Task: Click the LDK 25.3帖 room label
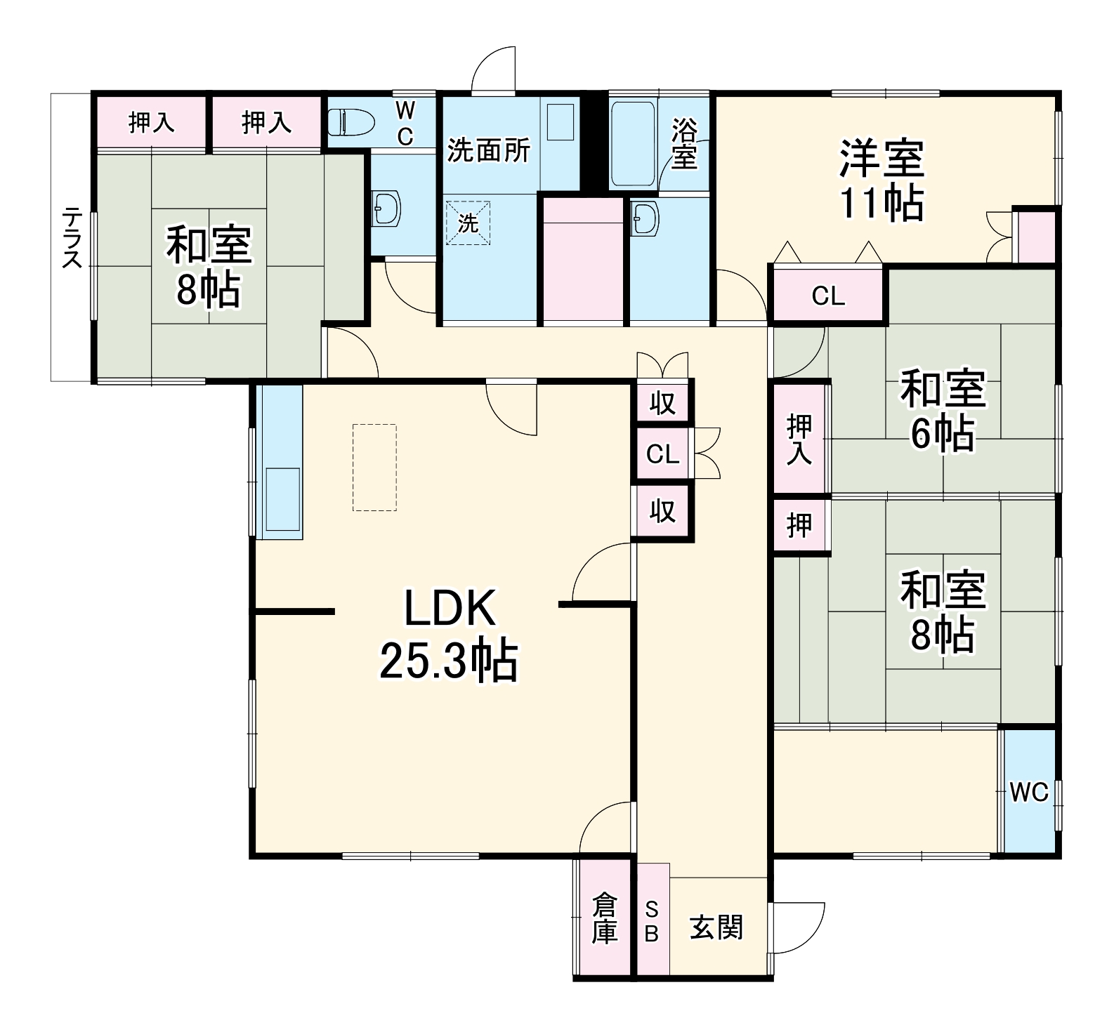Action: click(449, 635)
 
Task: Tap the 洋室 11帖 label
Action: click(882, 180)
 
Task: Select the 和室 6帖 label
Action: click(943, 411)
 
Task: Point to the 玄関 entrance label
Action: click(716, 927)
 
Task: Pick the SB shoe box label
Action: click(652, 921)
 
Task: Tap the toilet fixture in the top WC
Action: click(350, 122)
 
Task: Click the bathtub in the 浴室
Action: click(633, 143)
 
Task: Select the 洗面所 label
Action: click(489, 150)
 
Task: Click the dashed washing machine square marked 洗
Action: click(468, 223)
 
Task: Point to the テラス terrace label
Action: click(72, 237)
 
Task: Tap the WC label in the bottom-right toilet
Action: click(1029, 792)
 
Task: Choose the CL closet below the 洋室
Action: click(828, 296)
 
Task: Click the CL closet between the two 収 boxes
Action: click(662, 454)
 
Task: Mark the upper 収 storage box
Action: click(662, 403)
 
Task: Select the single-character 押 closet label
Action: click(799, 524)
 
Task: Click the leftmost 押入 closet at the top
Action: click(151, 123)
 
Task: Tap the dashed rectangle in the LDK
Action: click(374, 468)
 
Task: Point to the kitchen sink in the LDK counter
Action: click(282, 499)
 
